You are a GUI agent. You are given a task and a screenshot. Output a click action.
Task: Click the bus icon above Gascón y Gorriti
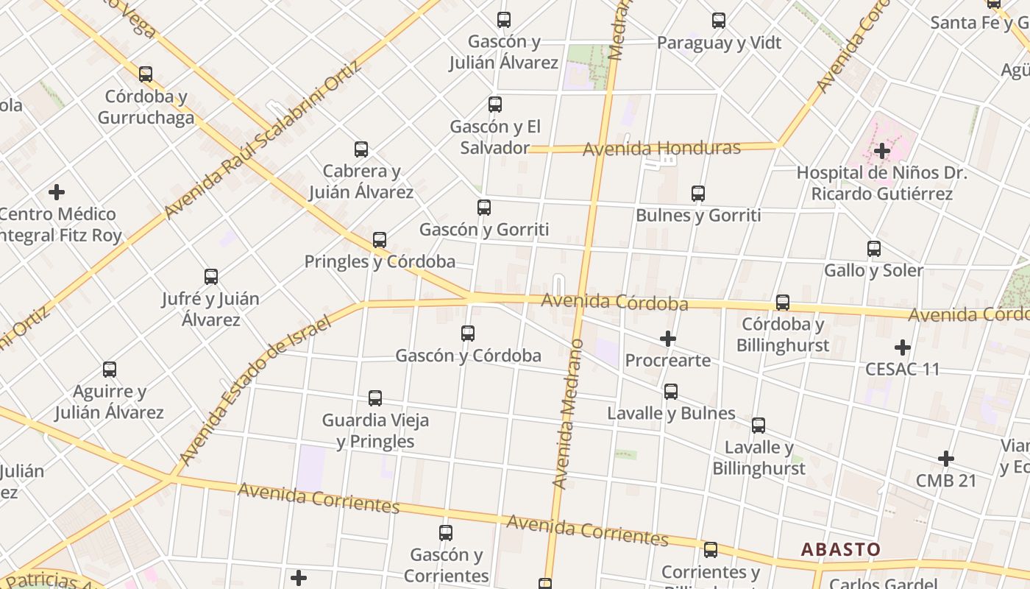484,208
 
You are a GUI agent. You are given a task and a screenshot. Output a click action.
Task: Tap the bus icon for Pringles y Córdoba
380,240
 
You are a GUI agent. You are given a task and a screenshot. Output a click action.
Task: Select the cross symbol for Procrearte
668,339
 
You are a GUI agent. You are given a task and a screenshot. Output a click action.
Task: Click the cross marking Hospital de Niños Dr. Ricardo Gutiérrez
882,152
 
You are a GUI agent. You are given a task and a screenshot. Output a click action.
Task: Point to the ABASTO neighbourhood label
840,549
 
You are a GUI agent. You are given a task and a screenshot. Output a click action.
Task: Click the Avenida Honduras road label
661,149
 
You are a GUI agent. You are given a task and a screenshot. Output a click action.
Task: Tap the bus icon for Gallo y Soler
874,249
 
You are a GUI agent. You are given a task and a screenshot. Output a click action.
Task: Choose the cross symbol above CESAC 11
903,348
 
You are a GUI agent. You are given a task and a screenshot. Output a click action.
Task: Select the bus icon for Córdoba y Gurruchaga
146,74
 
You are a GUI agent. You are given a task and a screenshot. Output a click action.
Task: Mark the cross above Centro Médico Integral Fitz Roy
57,193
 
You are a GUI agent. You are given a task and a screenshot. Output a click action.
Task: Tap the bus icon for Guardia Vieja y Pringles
375,398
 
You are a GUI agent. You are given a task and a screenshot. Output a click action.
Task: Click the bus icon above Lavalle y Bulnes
671,392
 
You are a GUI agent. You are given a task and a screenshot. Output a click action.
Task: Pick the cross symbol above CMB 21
946,459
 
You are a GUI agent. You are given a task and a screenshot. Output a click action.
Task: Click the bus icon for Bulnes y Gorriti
698,194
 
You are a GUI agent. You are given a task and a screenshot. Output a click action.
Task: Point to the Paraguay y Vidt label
719,43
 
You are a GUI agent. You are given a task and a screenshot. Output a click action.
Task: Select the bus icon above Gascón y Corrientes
446,533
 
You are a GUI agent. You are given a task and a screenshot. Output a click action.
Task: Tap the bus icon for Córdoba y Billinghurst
783,303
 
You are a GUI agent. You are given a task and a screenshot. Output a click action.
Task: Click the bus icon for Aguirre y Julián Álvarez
110,370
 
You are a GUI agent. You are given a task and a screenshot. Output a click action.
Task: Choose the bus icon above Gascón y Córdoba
468,334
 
